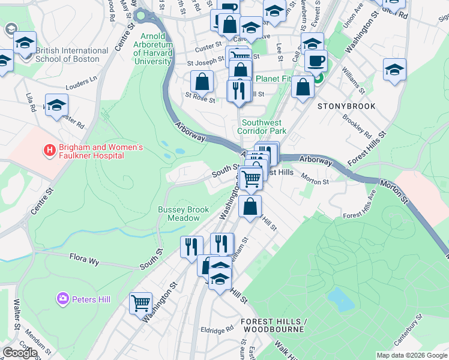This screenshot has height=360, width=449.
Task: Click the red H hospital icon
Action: pyautogui.click(x=50, y=149)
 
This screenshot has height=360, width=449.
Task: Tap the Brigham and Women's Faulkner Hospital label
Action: pyautogui.click(x=91, y=151)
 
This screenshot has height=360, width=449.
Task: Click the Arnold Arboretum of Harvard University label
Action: pyautogui.click(x=152, y=49)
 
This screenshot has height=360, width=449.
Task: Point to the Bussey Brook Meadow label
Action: pyautogui.click(x=183, y=214)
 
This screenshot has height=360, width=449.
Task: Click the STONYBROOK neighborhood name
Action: pyautogui.click(x=346, y=106)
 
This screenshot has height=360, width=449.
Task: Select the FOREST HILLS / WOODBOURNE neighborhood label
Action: pyautogui.click(x=274, y=326)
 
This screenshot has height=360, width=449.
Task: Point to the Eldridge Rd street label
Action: pyautogui.click(x=217, y=329)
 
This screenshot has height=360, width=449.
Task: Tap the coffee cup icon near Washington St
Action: pyautogui.click(x=316, y=61)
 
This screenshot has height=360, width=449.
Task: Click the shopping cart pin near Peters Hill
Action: pyautogui.click(x=140, y=302)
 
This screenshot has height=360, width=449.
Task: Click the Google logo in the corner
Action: pyautogui.click(x=20, y=353)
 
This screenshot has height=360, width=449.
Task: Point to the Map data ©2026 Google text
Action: pyautogui.click(x=412, y=355)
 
